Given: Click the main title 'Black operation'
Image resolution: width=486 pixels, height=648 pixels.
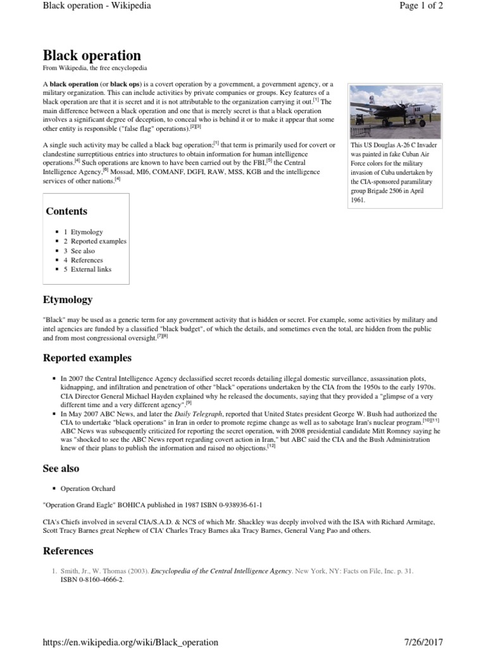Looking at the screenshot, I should [92, 55].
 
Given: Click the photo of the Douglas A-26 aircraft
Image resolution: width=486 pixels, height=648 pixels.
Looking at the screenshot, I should [390, 111].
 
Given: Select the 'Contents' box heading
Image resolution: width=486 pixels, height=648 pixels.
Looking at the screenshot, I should [66, 211].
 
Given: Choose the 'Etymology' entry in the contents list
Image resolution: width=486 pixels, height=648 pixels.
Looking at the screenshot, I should [86, 232].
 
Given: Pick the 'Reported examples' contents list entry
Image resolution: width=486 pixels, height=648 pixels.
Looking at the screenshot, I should [98, 241].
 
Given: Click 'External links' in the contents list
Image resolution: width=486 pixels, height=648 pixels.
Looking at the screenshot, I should [92, 270].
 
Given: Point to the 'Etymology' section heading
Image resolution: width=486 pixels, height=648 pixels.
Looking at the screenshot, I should [67, 299].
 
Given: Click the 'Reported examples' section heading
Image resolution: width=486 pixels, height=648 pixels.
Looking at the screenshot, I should [87, 358].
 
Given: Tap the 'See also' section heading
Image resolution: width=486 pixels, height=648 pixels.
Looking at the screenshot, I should [61, 469].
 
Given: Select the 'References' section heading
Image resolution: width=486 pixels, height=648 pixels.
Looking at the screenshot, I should [68, 551].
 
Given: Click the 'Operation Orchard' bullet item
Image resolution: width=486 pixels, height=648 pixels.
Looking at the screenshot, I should [88, 489].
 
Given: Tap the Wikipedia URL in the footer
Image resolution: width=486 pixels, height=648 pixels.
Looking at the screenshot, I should [130, 642].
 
